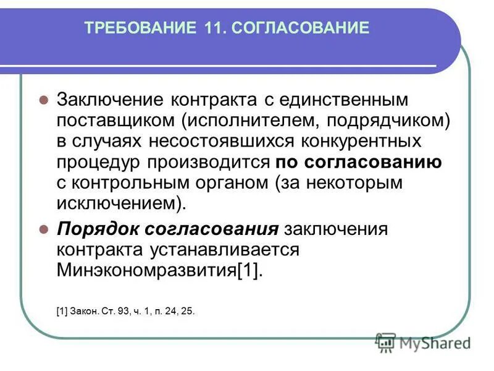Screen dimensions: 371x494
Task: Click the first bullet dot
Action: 43,100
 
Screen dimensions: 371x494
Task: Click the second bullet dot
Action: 43,229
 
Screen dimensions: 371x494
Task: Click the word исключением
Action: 117,203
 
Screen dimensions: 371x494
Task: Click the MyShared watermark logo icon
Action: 386,342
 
